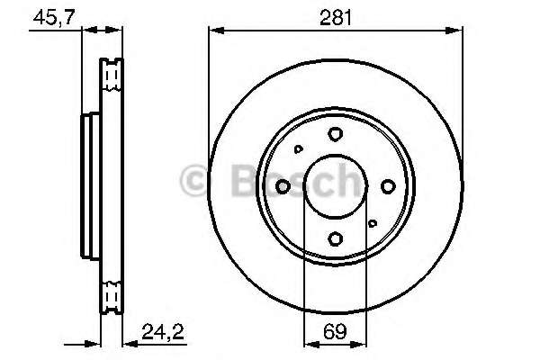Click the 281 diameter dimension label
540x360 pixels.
pyautogui.click(x=336, y=18)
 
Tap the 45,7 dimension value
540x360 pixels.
pyautogui.click(x=54, y=17)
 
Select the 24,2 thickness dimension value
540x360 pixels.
pyautogui.click(x=163, y=332)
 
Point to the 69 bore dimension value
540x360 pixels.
pyautogui.click(x=335, y=331)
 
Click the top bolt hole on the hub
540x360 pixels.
pyautogui.click(x=335, y=134)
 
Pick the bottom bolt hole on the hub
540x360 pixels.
pyautogui.click(x=335, y=238)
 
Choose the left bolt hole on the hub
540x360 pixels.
pyautogui.click(x=283, y=186)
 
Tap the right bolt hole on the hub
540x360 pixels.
pyautogui.click(x=388, y=186)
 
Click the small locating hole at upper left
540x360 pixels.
pyautogui.click(x=299, y=149)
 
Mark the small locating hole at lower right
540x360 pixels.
pyautogui.click(x=373, y=223)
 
